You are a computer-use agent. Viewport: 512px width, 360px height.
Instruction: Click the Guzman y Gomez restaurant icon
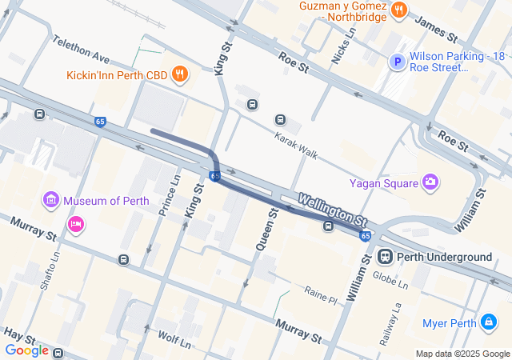399,10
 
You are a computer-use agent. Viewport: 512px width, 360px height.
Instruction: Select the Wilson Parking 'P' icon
396,62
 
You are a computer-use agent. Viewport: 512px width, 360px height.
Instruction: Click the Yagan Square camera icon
431,182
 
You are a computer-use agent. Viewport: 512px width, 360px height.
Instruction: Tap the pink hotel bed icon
76,222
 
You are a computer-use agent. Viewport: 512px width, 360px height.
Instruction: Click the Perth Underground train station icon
384,257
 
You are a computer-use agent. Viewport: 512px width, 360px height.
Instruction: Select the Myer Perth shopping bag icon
488,322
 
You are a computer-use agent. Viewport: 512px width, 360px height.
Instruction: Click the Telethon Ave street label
81,50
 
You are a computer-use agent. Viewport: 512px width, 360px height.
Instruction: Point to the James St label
436,32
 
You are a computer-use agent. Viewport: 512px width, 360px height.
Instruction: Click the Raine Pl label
321,294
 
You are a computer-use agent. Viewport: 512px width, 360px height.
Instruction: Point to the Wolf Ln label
174,339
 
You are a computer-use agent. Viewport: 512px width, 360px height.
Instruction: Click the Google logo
26,350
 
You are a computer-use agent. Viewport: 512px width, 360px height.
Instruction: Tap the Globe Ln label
391,280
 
